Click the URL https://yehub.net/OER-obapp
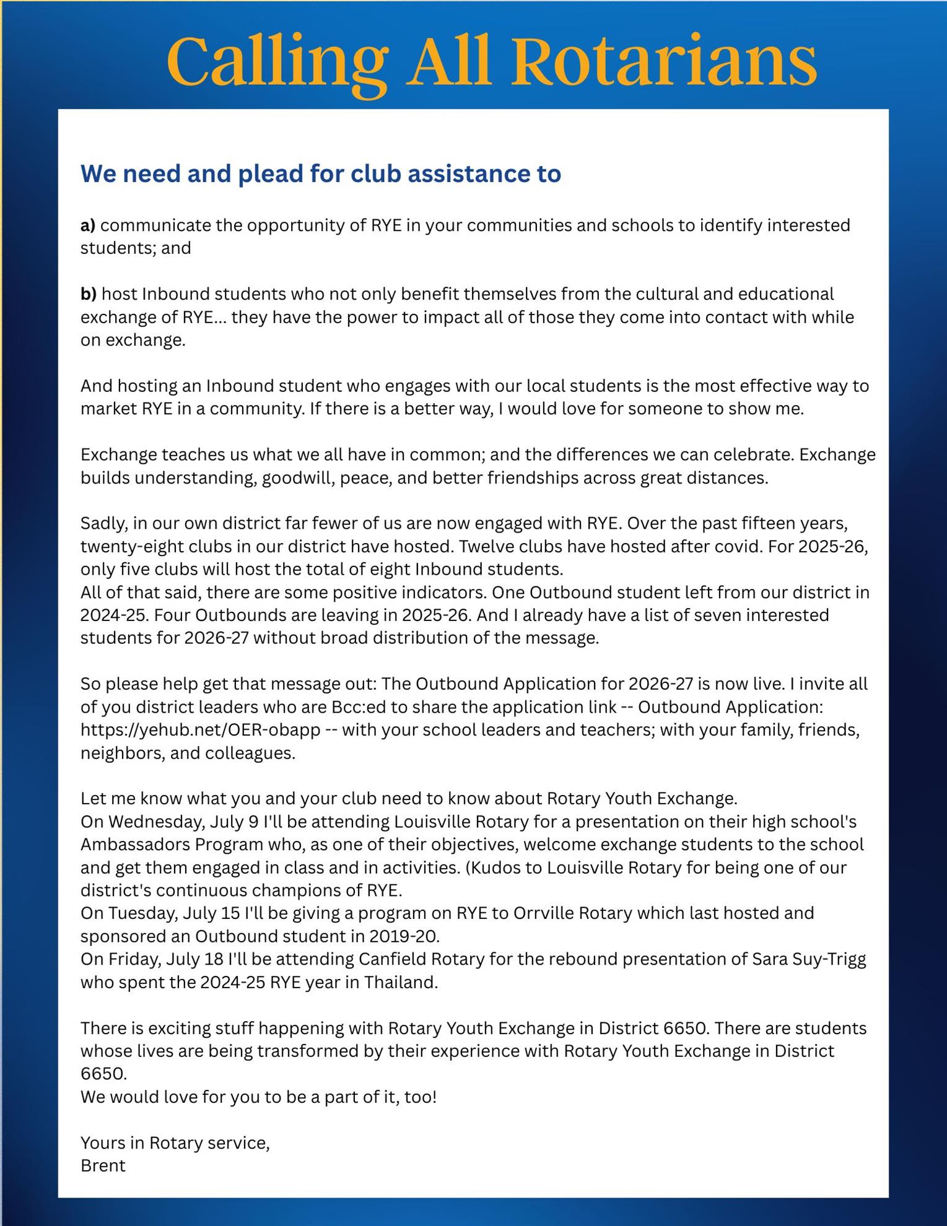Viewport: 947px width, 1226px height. [200, 730]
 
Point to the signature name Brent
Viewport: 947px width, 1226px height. [103, 1166]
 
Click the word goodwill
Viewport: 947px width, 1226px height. [300, 478]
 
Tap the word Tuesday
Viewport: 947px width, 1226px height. [139, 913]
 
